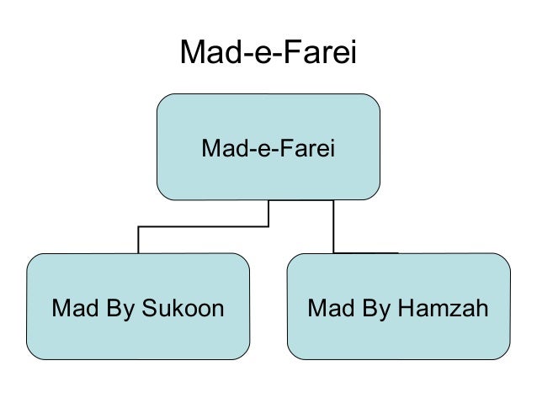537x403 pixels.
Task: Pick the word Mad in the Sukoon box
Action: point(72,309)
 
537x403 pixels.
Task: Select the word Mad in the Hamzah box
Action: point(328,309)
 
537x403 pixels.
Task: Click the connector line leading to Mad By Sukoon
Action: point(138,239)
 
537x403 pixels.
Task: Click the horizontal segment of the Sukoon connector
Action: point(202,226)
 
